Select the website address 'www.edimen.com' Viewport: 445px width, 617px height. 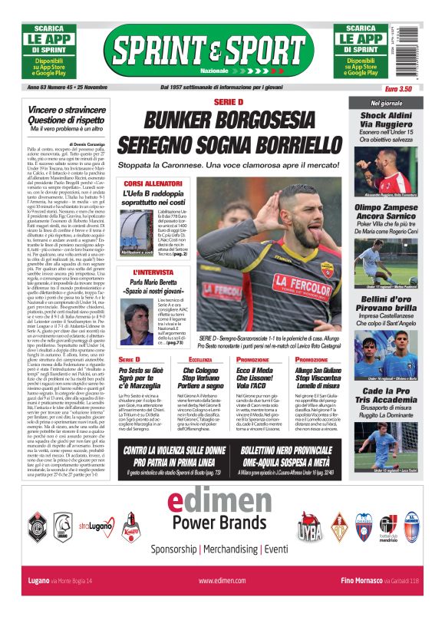221,581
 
